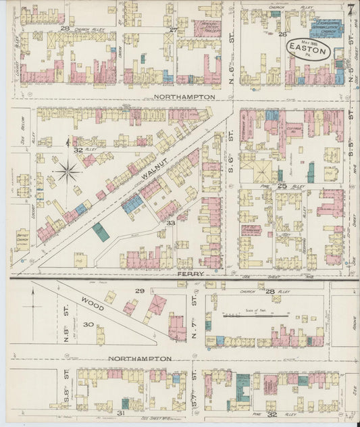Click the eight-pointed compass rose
point(67,172)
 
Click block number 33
point(171,223)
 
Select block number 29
point(139,291)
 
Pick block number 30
point(88,324)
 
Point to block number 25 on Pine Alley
point(282,185)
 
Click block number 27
point(174,30)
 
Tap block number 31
point(122,412)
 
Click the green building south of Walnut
point(101,232)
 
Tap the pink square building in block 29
point(157,305)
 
